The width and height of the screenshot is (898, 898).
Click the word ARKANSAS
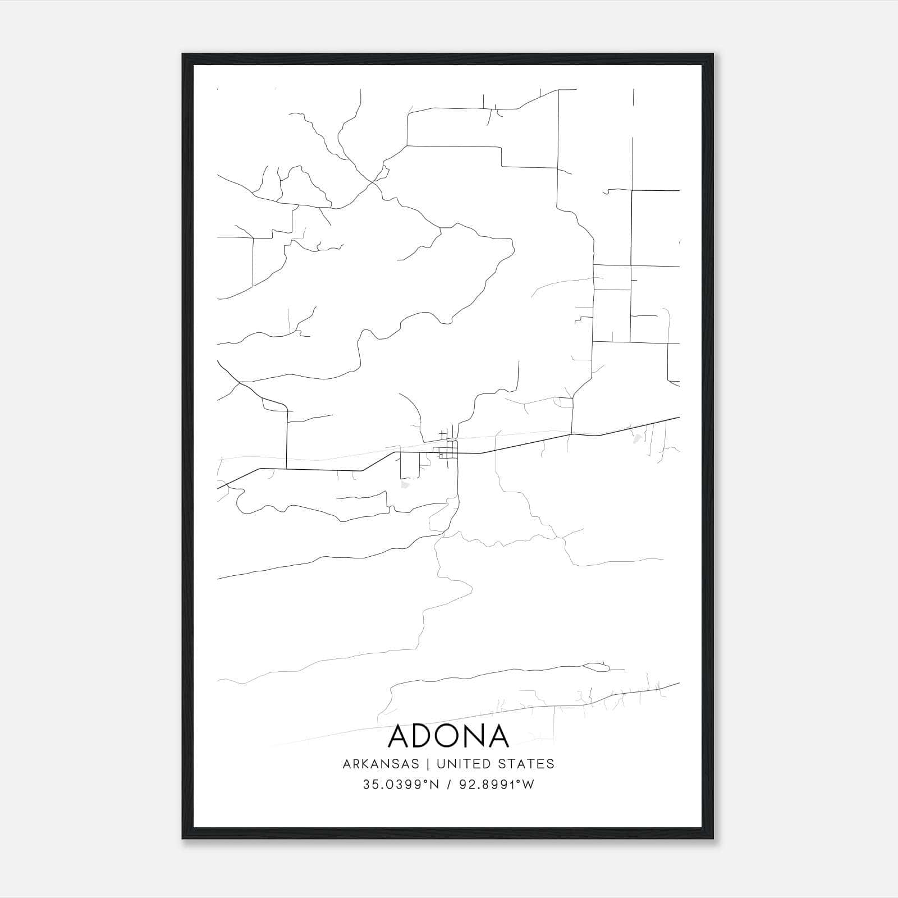[x=381, y=764]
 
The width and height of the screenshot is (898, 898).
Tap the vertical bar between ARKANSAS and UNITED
[x=428, y=764]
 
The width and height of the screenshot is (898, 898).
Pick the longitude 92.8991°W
[x=497, y=785]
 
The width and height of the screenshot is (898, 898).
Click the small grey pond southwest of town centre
[x=405, y=484]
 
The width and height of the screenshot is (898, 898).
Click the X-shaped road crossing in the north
[x=372, y=182]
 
